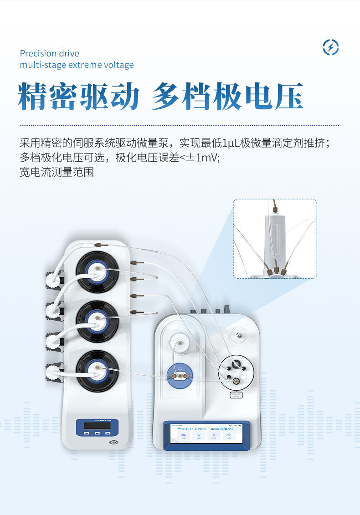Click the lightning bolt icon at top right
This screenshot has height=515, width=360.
click(x=330, y=47)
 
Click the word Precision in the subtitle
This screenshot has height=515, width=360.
click(x=39, y=54)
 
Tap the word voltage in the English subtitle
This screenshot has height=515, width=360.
click(x=118, y=65)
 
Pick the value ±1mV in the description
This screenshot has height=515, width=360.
click(x=201, y=158)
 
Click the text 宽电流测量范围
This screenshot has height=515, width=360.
click(x=57, y=172)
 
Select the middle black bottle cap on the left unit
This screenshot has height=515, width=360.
click(x=97, y=321)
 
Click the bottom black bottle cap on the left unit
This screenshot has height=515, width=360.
click(x=97, y=370)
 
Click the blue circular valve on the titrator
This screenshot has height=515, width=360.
click(x=178, y=376)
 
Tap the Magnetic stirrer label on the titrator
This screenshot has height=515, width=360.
click(x=237, y=395)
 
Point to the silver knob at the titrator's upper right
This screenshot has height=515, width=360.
click(x=237, y=335)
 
